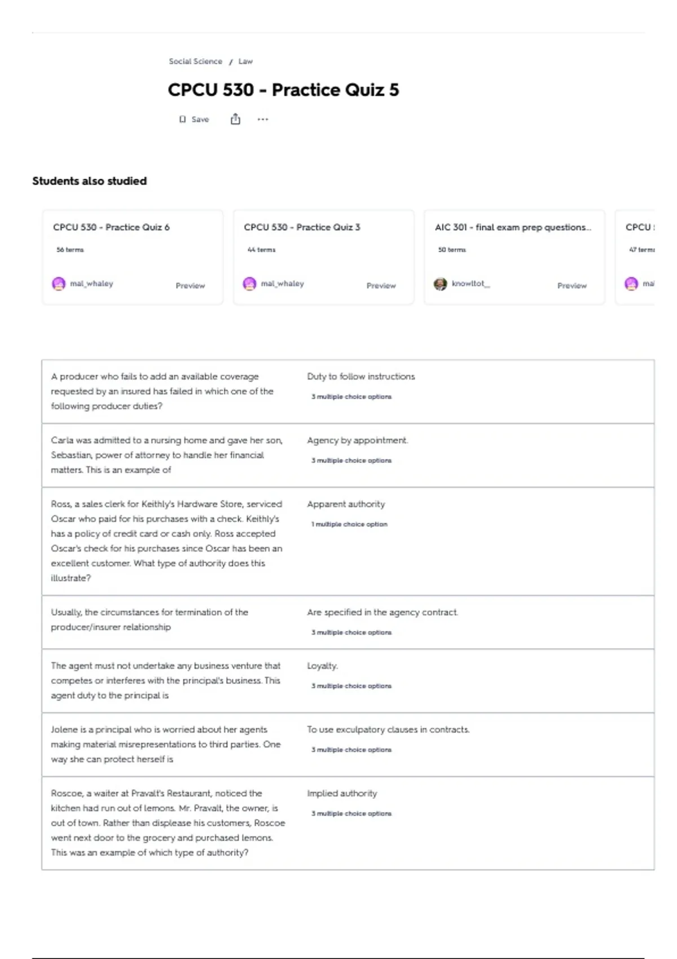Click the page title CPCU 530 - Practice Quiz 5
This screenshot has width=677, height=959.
click(x=283, y=90)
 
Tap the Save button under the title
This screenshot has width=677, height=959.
click(x=195, y=120)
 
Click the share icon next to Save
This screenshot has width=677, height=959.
click(x=235, y=119)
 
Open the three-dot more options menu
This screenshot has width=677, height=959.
click(x=263, y=120)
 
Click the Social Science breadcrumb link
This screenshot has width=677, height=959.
click(x=195, y=61)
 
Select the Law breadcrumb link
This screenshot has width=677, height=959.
click(x=245, y=61)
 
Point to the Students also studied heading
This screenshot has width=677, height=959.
click(x=89, y=181)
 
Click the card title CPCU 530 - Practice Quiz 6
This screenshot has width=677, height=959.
click(x=111, y=227)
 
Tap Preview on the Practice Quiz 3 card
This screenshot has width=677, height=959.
click(x=381, y=286)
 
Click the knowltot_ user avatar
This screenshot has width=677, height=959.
click(x=440, y=284)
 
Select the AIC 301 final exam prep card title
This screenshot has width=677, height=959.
click(x=512, y=227)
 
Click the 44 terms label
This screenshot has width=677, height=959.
click(x=261, y=249)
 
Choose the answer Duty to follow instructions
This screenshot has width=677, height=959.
click(x=361, y=376)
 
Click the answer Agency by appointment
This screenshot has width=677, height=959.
click(x=357, y=440)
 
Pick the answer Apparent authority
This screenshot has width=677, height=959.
click(x=346, y=504)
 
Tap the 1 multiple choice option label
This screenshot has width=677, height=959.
click(x=349, y=524)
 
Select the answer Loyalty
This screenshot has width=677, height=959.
click(x=322, y=666)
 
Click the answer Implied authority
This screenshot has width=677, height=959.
click(x=342, y=793)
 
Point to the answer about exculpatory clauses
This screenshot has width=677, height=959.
click(x=388, y=729)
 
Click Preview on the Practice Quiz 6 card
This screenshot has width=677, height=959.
click(x=190, y=286)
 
